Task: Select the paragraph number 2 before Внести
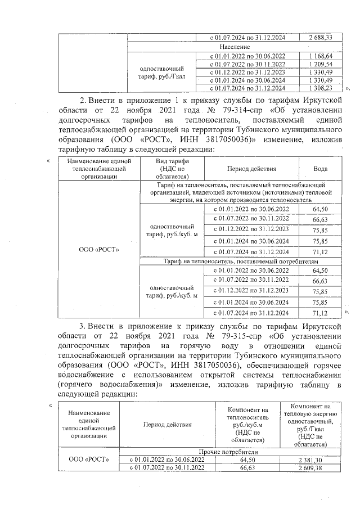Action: click(x=82, y=100)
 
